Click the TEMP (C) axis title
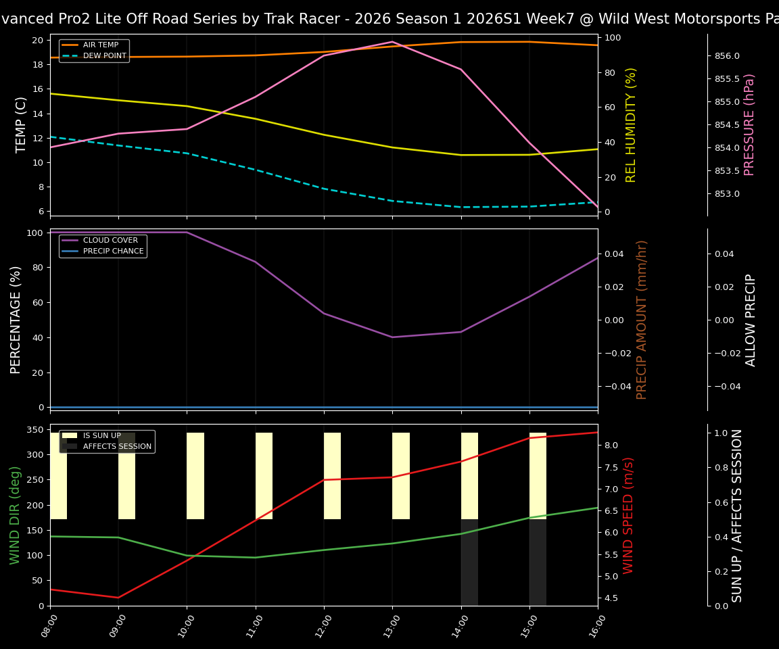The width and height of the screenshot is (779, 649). pos(22,124)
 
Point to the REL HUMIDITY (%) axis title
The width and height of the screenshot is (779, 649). pos(632,124)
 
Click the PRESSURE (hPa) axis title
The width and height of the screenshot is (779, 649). pos(749,124)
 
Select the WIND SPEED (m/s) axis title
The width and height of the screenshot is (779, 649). pos(629,515)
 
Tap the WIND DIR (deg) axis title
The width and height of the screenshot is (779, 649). pos(15,515)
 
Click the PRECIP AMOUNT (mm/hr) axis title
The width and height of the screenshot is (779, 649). pos(642,320)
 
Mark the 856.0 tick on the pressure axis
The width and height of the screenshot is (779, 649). pos(728,56)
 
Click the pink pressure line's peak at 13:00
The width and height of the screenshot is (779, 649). pos(392,42)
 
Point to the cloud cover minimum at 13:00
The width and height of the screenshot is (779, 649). pos(392,337)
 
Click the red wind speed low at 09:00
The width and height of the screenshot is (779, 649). pos(118,598)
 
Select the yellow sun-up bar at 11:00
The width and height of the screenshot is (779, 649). pos(264,476)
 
